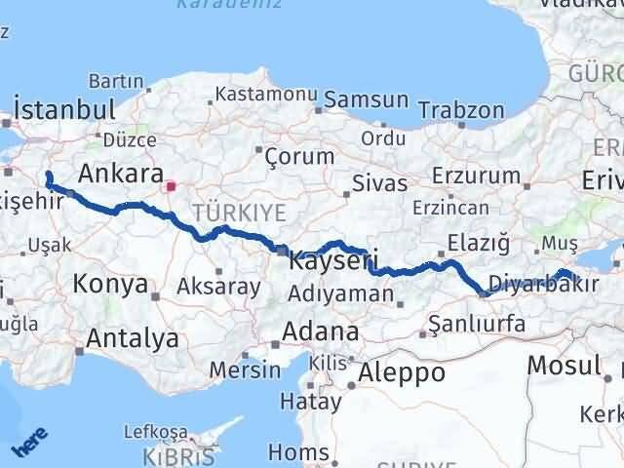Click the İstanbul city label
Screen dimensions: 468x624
pyautogui.click(x=64, y=107)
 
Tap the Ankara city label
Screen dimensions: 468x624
pyautogui.click(x=120, y=174)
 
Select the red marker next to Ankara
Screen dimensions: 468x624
pyautogui.click(x=171, y=185)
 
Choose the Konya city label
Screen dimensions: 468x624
pyautogui.click(x=110, y=285)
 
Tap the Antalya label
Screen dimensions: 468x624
pyautogui.click(x=133, y=338)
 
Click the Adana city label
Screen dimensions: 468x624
pyautogui.click(x=320, y=331)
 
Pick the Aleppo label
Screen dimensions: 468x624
pyautogui.click(x=402, y=371)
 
